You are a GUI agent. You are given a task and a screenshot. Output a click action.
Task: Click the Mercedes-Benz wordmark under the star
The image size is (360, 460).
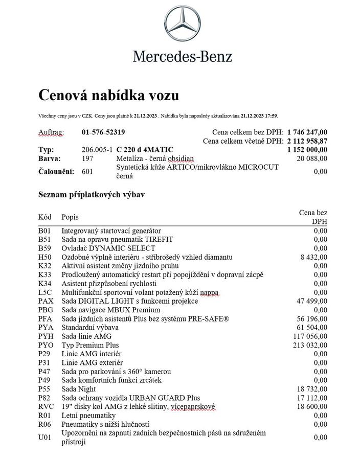click(x=183, y=56)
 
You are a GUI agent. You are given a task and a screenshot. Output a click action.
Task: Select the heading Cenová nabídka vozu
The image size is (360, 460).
click(x=108, y=95)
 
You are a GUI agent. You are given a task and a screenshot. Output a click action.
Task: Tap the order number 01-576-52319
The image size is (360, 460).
click(x=103, y=132)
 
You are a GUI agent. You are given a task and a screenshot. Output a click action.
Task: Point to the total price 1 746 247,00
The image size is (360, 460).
click(x=307, y=132)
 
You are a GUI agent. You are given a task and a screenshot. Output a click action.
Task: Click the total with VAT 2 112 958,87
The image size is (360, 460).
click(x=307, y=141)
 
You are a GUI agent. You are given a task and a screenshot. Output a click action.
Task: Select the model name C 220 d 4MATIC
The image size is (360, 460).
click(x=145, y=150)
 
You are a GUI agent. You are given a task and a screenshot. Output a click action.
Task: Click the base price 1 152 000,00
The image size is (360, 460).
click(x=307, y=150)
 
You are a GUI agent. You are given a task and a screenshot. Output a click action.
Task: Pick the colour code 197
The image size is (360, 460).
click(x=88, y=158)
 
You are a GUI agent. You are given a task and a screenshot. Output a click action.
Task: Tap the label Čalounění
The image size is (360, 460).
click(x=56, y=172)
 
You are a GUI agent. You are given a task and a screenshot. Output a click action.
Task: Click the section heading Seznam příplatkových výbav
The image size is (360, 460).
click(x=94, y=195)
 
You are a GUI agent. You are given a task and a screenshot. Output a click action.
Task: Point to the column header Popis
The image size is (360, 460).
click(x=70, y=217)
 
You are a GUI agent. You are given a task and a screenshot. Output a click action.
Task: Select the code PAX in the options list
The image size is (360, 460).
click(x=46, y=301)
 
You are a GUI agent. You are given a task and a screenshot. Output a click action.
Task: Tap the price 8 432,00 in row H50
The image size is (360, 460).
click(x=313, y=257)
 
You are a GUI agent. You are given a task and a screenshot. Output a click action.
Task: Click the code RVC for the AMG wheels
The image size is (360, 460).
click(x=46, y=407)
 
